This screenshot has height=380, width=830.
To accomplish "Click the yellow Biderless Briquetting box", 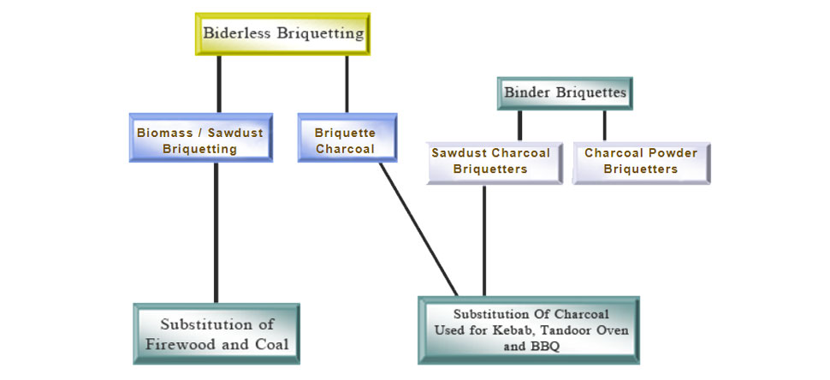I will (283, 34).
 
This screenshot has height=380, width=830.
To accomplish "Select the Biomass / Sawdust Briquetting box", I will (201, 138).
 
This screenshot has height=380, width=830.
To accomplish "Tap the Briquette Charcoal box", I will (347, 138).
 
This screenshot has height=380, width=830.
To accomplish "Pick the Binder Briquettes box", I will (565, 92).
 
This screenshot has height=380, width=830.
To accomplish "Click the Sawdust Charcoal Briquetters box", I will (490, 161).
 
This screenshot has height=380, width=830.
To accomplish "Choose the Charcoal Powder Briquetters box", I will (641, 161).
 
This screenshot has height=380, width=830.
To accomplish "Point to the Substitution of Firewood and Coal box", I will (216, 334).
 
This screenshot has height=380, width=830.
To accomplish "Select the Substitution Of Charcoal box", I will (528, 330).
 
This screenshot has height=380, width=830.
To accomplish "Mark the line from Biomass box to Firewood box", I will (216, 231).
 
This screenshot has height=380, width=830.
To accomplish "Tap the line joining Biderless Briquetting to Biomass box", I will (219, 84).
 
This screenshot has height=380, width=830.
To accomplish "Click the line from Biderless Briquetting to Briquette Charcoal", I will (347, 84).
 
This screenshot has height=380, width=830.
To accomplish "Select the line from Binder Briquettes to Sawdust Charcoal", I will (519, 125).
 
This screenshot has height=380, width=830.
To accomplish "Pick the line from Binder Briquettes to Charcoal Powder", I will (604, 125).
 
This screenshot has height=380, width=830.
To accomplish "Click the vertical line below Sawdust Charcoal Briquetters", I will (484, 240).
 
